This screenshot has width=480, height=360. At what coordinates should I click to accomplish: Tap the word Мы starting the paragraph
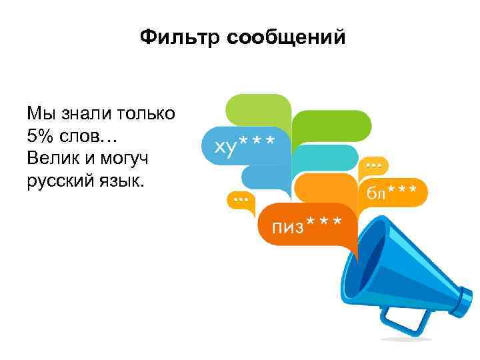coord(39,113)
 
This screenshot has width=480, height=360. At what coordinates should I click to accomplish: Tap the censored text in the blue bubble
coord(244,144)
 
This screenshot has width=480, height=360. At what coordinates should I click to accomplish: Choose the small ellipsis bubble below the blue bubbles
coord(240,199)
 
